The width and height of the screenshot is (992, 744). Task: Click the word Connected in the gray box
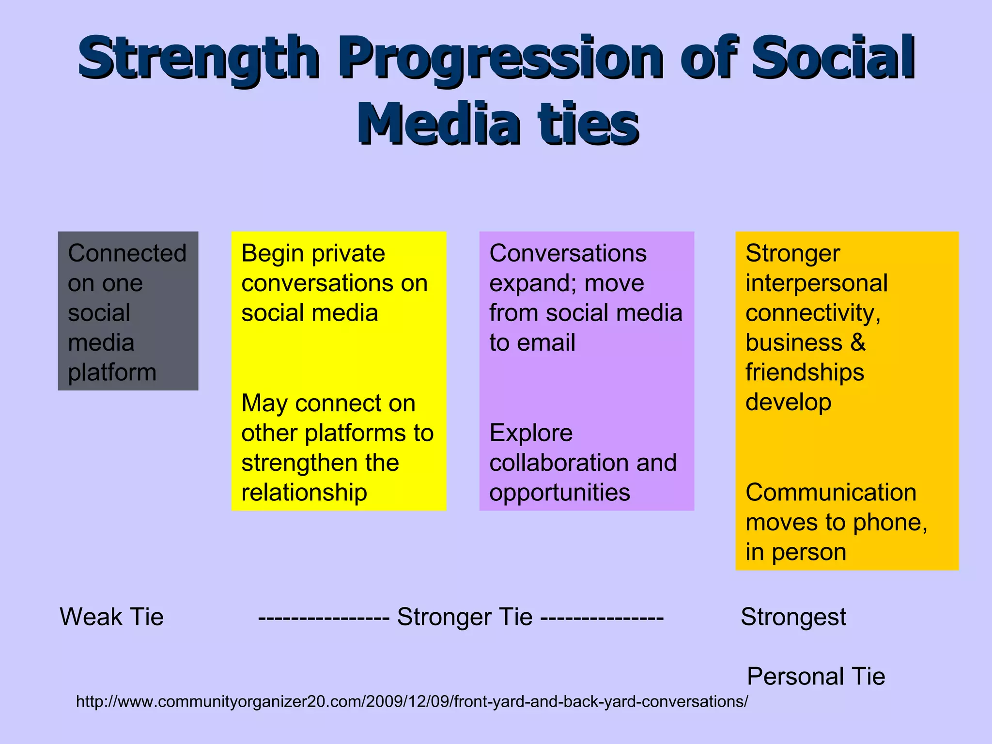click(x=127, y=253)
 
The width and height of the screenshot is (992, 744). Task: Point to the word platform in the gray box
click(x=112, y=372)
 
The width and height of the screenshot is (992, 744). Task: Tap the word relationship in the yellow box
click(x=304, y=493)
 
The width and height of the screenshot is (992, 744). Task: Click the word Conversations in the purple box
click(x=568, y=253)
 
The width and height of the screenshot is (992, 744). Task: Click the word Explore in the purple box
click(x=531, y=433)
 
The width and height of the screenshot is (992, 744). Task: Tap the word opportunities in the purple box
click(x=559, y=493)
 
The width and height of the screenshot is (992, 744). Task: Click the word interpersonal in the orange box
click(x=816, y=283)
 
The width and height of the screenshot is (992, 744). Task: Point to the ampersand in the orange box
click(x=858, y=343)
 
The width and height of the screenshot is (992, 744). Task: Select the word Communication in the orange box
click(x=831, y=493)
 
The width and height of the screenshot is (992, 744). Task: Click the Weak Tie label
click(x=111, y=617)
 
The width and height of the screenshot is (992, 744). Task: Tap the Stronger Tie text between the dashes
click(x=465, y=617)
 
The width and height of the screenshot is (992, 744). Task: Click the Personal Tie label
click(x=816, y=676)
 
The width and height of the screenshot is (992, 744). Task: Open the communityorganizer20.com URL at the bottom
click(x=412, y=701)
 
